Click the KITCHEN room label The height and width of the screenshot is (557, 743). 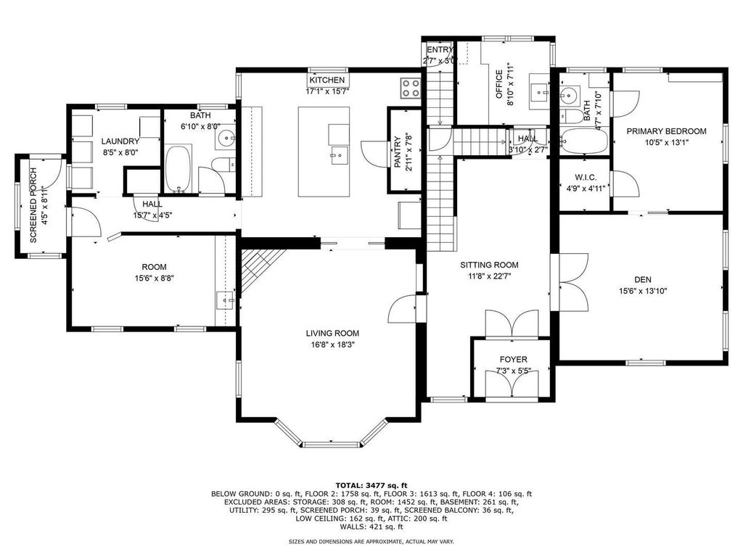point(327,80)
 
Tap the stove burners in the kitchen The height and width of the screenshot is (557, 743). point(410,88)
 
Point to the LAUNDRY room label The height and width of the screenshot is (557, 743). point(120,141)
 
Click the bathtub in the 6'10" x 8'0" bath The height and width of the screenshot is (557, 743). point(178,168)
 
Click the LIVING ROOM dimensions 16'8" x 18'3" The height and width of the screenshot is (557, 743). point(332,345)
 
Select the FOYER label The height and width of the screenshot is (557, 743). point(513,359)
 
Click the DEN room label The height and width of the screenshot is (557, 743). point(642,279)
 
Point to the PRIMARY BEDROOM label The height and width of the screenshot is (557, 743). point(666,131)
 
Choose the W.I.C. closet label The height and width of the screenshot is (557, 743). point(585,177)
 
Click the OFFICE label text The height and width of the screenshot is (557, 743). point(499,83)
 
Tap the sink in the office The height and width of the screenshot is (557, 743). point(540,90)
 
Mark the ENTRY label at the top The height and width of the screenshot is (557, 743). point(440,50)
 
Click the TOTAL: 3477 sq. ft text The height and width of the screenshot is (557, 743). point(371,485)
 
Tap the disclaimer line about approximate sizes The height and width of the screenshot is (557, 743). point(371,541)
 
